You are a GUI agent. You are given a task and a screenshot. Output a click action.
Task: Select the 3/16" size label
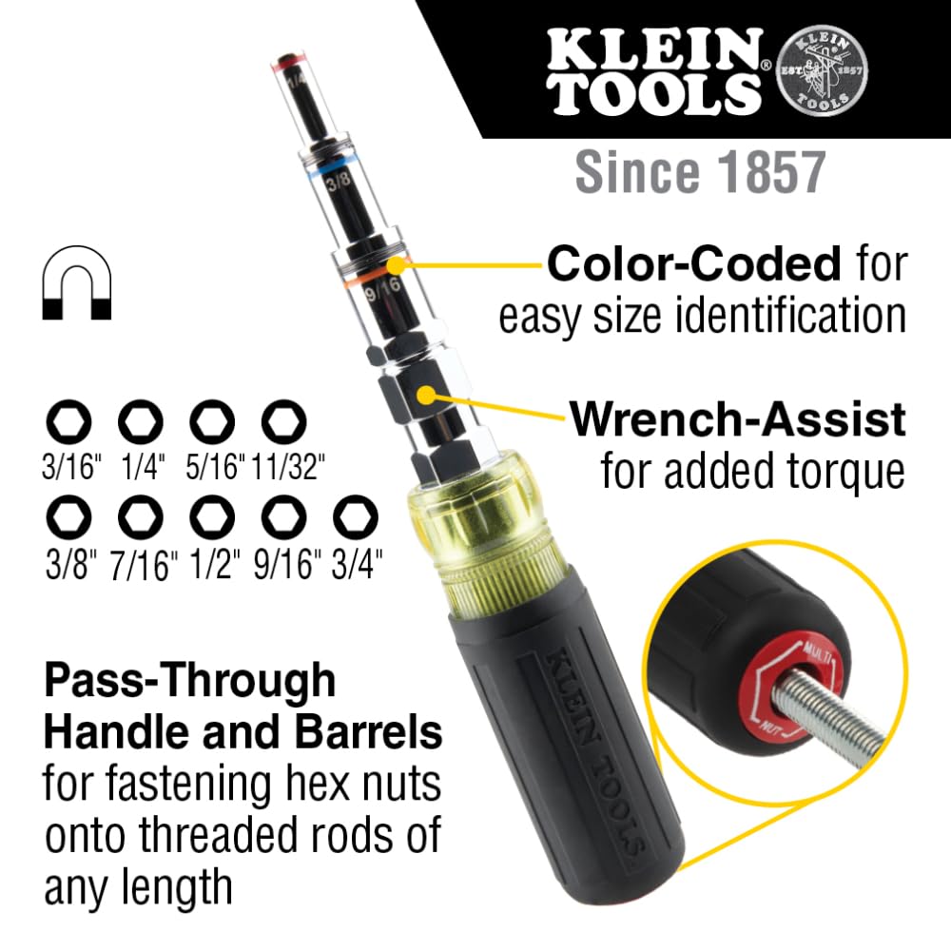point(72,466)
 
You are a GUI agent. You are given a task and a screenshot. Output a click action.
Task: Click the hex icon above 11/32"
point(282,418)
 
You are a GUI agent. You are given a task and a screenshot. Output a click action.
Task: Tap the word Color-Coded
point(693,264)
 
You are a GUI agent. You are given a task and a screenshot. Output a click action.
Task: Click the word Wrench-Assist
point(737,419)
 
